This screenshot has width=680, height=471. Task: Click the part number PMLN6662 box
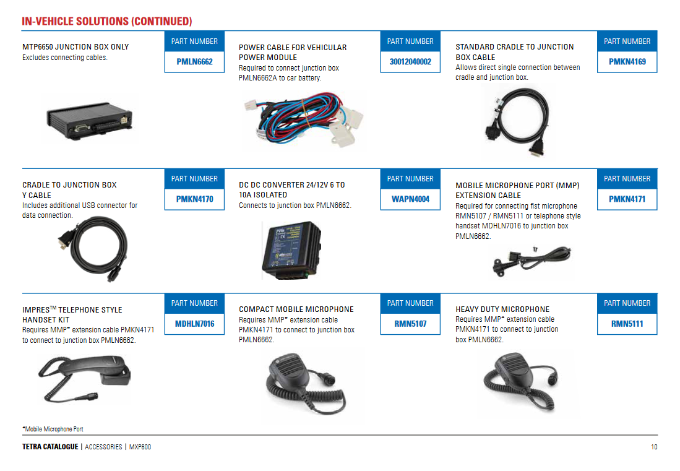click(x=194, y=62)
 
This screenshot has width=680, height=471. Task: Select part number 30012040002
click(x=410, y=62)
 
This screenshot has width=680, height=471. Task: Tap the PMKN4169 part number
click(x=627, y=62)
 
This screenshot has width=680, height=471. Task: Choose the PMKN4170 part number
click(x=194, y=199)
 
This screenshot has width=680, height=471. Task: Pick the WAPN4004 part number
click(x=410, y=199)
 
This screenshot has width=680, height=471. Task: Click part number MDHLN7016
click(x=194, y=324)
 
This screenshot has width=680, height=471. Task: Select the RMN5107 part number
click(x=410, y=324)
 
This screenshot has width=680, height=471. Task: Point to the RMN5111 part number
click(x=627, y=324)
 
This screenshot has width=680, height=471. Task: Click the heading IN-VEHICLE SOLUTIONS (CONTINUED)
click(x=107, y=22)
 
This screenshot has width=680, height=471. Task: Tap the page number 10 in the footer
click(x=653, y=447)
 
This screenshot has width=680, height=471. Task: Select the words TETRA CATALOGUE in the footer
click(x=50, y=447)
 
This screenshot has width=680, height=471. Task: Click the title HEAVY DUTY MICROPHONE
click(x=502, y=309)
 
